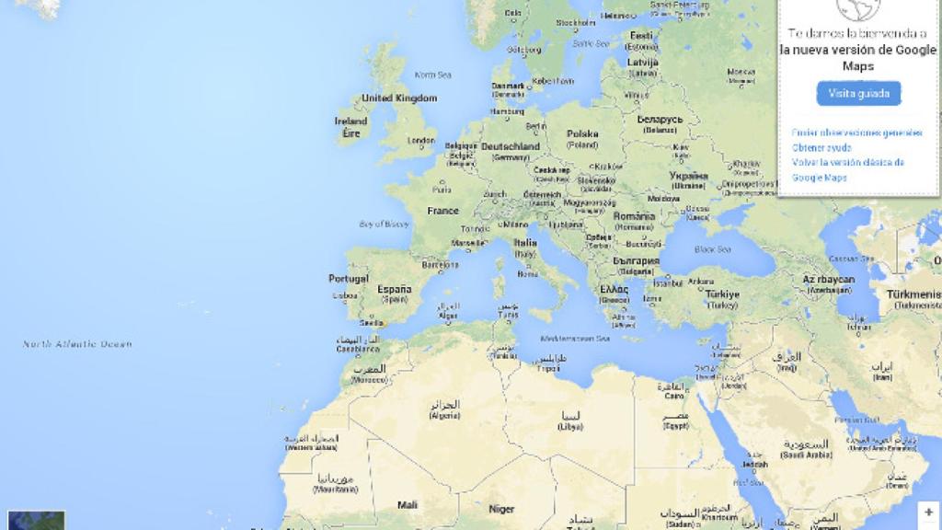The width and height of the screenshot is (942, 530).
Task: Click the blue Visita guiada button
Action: [858, 93]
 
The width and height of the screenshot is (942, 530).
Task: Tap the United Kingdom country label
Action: [399, 98]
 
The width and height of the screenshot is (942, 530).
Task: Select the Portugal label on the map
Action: [349, 279]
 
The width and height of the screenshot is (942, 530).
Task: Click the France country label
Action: [442, 211]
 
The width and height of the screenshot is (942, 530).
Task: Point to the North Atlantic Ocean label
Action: [77, 344]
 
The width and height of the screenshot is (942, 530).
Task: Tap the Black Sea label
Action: [712, 249]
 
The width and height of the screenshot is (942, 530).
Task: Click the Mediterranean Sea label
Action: [578, 339]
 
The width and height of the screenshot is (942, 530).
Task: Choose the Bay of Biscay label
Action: [385, 224]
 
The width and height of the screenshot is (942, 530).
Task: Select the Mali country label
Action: [408, 504]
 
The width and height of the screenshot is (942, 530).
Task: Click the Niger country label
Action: [501, 508]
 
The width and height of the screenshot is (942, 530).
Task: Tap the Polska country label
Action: [582, 134]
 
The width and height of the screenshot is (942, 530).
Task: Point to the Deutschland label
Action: [511, 146]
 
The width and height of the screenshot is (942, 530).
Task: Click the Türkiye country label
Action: [722, 294]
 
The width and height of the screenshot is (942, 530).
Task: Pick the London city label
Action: [420, 141]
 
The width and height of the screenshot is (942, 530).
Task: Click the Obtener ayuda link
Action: [821, 147]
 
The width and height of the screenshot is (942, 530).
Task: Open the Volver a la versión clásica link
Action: [847, 162]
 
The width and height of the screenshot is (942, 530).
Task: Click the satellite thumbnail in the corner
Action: [37, 520]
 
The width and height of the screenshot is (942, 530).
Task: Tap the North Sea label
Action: [433, 75]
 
